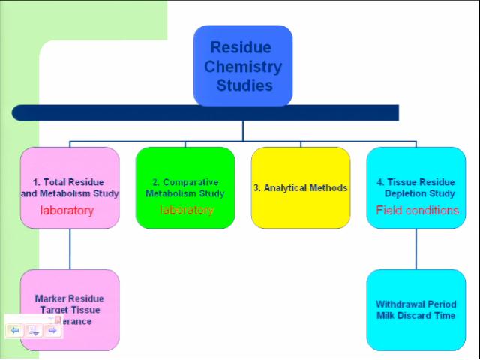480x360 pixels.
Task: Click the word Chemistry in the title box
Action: coord(243,67)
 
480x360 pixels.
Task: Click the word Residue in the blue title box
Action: coord(241,48)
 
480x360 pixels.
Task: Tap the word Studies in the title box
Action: coord(244,85)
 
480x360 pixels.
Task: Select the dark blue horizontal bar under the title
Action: coord(205,112)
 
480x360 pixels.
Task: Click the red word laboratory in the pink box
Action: coord(67,211)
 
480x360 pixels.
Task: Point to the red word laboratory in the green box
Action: coord(187,211)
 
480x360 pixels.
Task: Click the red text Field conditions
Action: coord(417,211)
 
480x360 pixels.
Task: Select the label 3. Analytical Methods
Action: coord(301,188)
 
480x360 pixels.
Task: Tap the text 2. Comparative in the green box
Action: coord(185,182)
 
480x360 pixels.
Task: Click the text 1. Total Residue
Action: coord(68,182)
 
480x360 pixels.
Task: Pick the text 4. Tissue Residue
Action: coord(415,182)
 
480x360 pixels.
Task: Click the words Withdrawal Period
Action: coord(415,304)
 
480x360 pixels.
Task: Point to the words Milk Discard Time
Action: coord(415,316)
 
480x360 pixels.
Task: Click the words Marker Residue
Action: coord(69,298)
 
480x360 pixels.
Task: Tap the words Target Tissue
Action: coord(70,310)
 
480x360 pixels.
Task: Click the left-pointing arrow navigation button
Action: coord(15,330)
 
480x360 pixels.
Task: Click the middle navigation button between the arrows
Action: coord(33,330)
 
